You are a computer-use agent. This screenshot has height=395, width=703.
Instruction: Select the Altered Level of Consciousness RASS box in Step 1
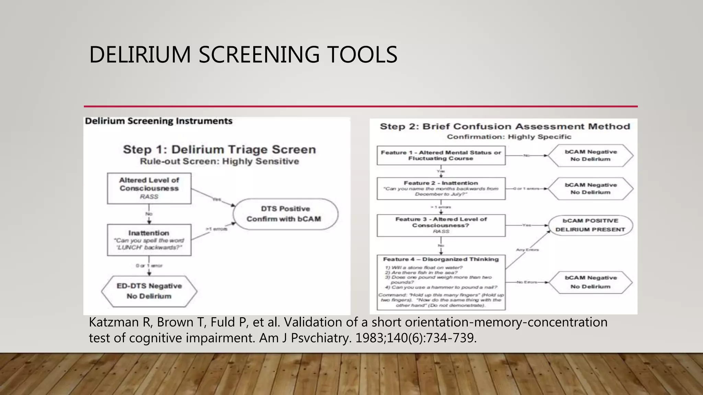pos(149,188)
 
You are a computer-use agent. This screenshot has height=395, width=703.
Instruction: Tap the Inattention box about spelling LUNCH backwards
pos(149,240)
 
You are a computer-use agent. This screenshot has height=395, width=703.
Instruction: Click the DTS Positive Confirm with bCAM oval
pos(285,214)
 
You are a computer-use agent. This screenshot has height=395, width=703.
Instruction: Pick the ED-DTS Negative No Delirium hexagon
pos(149,291)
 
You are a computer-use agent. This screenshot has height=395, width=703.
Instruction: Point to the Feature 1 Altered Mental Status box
pos(441,155)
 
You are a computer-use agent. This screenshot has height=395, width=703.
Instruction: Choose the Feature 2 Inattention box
pos(441,188)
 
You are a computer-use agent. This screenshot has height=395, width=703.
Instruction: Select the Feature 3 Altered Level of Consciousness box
pos(441,225)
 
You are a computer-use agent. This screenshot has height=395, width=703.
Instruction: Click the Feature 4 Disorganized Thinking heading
pos(441,259)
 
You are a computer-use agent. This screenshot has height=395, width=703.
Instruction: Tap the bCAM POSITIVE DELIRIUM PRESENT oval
pos(590,225)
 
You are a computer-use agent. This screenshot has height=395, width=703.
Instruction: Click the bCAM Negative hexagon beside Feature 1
pos(590,155)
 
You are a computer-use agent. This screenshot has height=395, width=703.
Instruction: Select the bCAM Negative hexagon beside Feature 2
pos(590,189)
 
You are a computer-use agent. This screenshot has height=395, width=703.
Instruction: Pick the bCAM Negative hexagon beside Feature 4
pos(590,282)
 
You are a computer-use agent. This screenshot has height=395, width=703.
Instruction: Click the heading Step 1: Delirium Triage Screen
pos(219,149)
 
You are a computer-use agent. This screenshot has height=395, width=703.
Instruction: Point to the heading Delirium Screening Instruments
pos(159,121)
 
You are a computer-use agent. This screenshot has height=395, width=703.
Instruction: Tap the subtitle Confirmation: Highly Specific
pos(509,137)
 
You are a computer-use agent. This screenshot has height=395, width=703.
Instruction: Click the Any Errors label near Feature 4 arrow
pos(527,250)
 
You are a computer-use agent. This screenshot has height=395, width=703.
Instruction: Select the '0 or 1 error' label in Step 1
pos(149,266)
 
